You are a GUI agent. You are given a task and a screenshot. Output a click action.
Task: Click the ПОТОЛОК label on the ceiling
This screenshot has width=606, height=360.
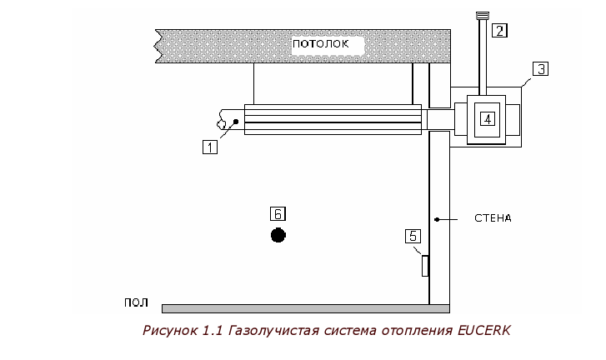[x=320, y=43]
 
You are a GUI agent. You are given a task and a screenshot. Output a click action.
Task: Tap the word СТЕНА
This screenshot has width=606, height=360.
[x=493, y=218]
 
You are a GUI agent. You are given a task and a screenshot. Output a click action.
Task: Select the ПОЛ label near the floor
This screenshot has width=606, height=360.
[x=136, y=302]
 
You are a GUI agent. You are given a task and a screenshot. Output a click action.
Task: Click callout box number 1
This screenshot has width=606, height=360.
[x=210, y=147]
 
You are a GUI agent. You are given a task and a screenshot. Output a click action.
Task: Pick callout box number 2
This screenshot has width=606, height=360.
[x=499, y=30]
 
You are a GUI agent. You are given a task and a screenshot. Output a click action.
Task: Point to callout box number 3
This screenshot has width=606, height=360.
[x=540, y=69]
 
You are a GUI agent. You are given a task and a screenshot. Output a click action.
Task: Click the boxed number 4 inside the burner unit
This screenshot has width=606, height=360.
[x=488, y=118]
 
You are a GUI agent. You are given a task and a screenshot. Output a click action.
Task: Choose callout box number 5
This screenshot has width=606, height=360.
[x=413, y=236]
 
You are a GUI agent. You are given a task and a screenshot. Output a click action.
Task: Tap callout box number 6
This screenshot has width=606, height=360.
[x=278, y=213]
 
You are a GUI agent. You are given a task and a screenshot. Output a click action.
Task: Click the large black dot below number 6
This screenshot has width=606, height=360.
[x=278, y=235]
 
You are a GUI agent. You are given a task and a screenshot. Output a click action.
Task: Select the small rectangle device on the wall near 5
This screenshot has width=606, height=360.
[x=425, y=266]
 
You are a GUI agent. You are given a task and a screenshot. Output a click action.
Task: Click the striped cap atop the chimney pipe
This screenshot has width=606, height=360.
[x=483, y=16]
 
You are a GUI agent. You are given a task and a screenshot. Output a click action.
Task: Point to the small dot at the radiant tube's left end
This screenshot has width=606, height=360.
[x=236, y=122]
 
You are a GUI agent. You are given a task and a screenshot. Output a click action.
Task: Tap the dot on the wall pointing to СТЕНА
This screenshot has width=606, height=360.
[x=437, y=219]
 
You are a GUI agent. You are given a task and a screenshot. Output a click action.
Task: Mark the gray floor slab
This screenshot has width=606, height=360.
[x=306, y=308]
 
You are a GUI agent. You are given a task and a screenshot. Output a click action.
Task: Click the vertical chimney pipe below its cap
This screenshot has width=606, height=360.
[x=483, y=57]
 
